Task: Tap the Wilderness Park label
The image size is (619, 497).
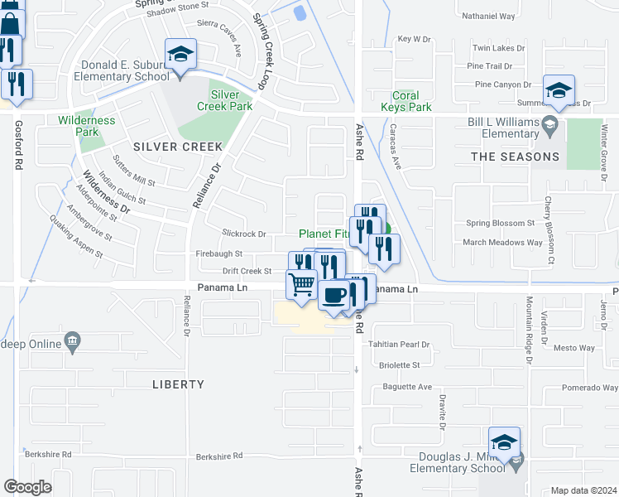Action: tap(86, 127)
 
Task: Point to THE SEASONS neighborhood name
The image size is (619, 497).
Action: tap(515, 157)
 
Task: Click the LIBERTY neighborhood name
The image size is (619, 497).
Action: tap(178, 384)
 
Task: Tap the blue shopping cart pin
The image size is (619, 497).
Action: tap(302, 284)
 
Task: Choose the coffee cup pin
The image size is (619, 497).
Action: tap(333, 295)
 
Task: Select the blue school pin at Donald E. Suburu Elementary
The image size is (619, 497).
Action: tap(180, 55)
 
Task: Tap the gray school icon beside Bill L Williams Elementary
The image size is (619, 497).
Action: tap(549, 126)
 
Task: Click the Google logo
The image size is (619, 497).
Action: tap(27, 487)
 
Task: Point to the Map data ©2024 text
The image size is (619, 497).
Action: tap(583, 490)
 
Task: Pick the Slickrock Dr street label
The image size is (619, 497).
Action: tap(244, 234)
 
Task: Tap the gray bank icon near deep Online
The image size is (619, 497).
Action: tap(73, 342)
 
